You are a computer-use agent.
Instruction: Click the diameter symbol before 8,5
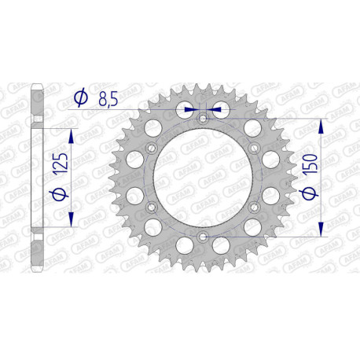(79, 98)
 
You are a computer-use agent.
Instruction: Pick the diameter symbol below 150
(311, 193)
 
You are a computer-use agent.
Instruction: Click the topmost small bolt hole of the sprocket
(203, 118)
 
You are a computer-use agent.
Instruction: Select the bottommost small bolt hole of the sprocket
(203, 236)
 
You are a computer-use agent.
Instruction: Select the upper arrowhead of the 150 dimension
(320, 127)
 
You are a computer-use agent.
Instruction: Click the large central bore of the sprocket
(203, 177)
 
